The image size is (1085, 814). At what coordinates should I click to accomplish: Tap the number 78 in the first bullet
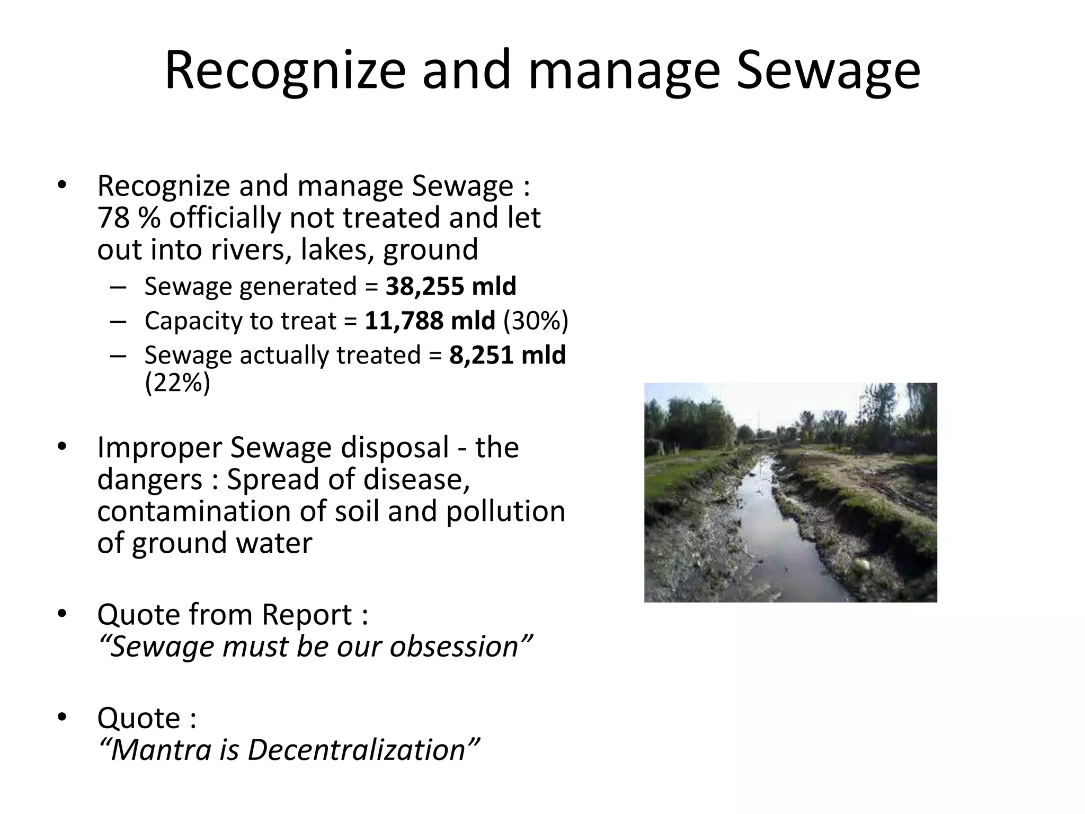coord(113,218)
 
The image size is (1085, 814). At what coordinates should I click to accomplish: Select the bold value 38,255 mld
coord(450,286)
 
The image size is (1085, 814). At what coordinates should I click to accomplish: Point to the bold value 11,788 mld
coord(430,321)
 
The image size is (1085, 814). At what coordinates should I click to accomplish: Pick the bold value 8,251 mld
coord(508,355)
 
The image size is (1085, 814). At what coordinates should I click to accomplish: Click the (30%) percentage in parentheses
coord(535,321)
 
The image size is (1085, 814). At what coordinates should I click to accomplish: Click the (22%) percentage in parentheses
coord(177,383)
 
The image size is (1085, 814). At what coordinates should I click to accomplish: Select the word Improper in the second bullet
coord(159,448)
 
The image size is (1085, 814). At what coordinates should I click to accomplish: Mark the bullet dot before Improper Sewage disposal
coord(61,447)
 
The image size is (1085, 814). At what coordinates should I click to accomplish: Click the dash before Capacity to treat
coord(118,321)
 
